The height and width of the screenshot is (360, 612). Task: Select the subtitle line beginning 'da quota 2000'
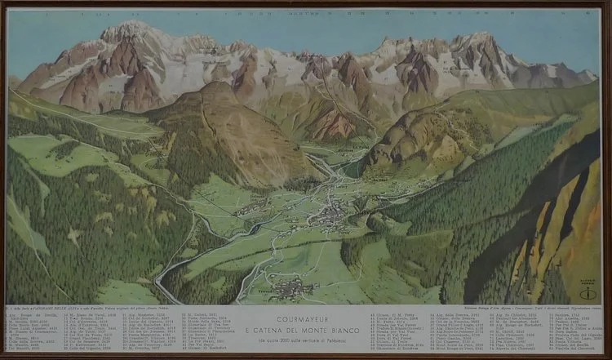tap(305, 325)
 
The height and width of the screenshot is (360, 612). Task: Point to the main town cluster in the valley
tap(330, 216)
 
